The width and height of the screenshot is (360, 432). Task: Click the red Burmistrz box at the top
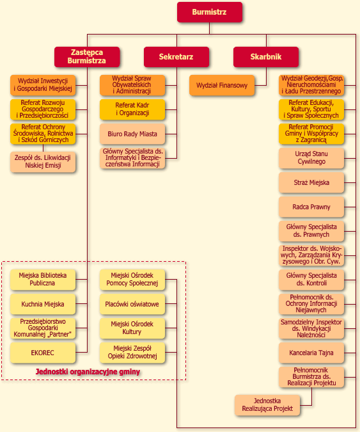click(210, 12)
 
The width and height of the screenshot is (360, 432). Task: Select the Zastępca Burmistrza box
click(87, 57)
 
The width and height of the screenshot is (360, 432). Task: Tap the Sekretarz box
click(176, 57)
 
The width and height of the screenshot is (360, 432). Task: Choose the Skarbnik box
click(266, 57)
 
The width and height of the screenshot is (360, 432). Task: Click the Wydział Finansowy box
click(222, 85)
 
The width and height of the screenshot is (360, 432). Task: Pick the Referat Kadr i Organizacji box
click(132, 109)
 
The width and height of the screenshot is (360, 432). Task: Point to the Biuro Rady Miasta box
click(132, 134)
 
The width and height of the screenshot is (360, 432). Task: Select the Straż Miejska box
click(311, 182)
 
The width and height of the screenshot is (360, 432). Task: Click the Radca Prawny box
click(311, 207)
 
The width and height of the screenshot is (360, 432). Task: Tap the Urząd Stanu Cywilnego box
click(311, 158)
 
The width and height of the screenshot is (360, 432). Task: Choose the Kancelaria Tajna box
click(311, 353)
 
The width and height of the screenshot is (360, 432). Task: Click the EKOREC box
click(43, 353)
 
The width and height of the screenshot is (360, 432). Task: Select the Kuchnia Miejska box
click(43, 304)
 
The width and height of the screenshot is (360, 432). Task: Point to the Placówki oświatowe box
click(132, 304)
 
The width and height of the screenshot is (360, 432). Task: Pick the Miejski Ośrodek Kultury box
click(132, 328)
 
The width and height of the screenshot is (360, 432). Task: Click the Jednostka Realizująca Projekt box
click(267, 405)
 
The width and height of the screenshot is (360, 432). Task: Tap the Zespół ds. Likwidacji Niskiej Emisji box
click(43, 162)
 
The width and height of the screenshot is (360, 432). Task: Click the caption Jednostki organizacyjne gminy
click(88, 372)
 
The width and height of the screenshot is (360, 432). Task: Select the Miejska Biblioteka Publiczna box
click(43, 280)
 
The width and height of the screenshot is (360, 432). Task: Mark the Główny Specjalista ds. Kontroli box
click(311, 280)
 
